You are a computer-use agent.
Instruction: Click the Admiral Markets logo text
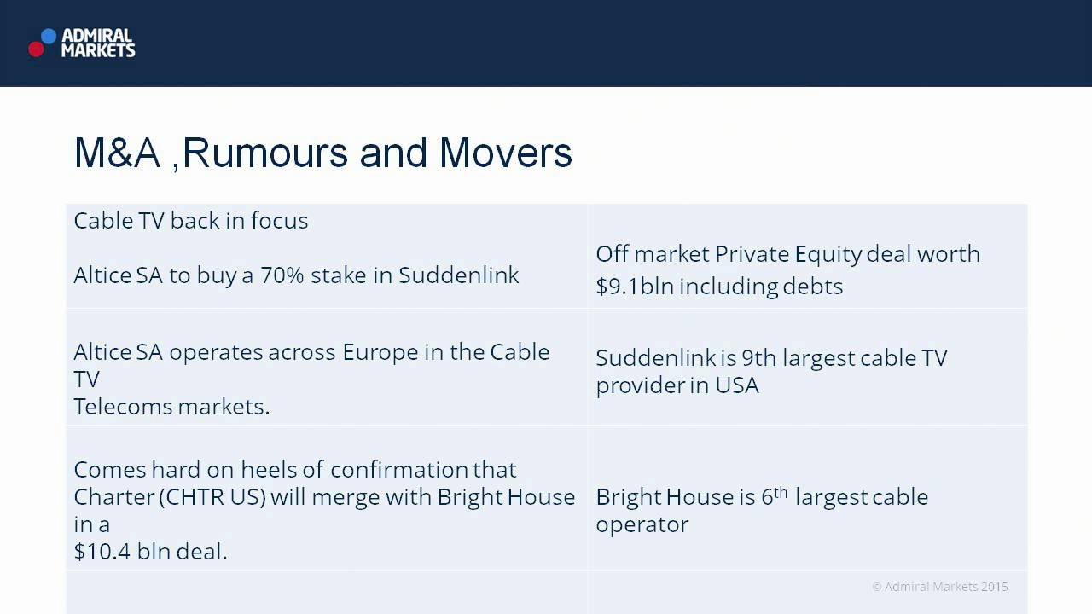pos(98,43)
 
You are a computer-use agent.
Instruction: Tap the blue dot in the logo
pos(49,36)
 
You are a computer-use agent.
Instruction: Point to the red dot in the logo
pos(36,49)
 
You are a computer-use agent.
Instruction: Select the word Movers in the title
pos(505,153)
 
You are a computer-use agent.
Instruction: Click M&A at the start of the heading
pos(116,153)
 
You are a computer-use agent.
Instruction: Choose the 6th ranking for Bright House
pos(774,496)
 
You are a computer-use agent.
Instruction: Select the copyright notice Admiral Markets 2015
pos(939,587)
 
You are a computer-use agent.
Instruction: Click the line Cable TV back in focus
pos(191,221)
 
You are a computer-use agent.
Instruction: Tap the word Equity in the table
pos(827,254)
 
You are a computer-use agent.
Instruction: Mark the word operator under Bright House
pos(642,524)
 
